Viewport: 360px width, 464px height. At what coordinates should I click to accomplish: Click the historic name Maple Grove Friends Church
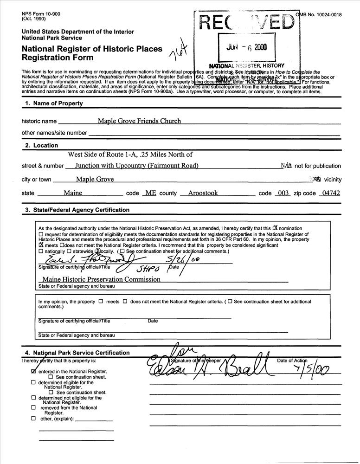(x=139, y=121)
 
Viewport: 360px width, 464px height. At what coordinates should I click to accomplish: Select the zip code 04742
(x=329, y=193)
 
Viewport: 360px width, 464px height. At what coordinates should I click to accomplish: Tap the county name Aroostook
(x=203, y=193)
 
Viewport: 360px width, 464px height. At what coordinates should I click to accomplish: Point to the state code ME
(x=149, y=193)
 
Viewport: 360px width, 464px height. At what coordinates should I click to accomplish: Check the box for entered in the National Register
(x=33, y=372)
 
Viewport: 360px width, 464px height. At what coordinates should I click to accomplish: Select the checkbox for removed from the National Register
(x=33, y=408)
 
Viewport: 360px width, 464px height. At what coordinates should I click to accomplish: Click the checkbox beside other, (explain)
(x=33, y=419)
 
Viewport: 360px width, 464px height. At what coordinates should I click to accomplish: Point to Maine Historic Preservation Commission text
(x=101, y=279)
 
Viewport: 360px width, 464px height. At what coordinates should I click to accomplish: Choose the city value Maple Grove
(x=95, y=180)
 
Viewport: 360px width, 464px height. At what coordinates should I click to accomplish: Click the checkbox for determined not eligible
(x=33, y=398)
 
